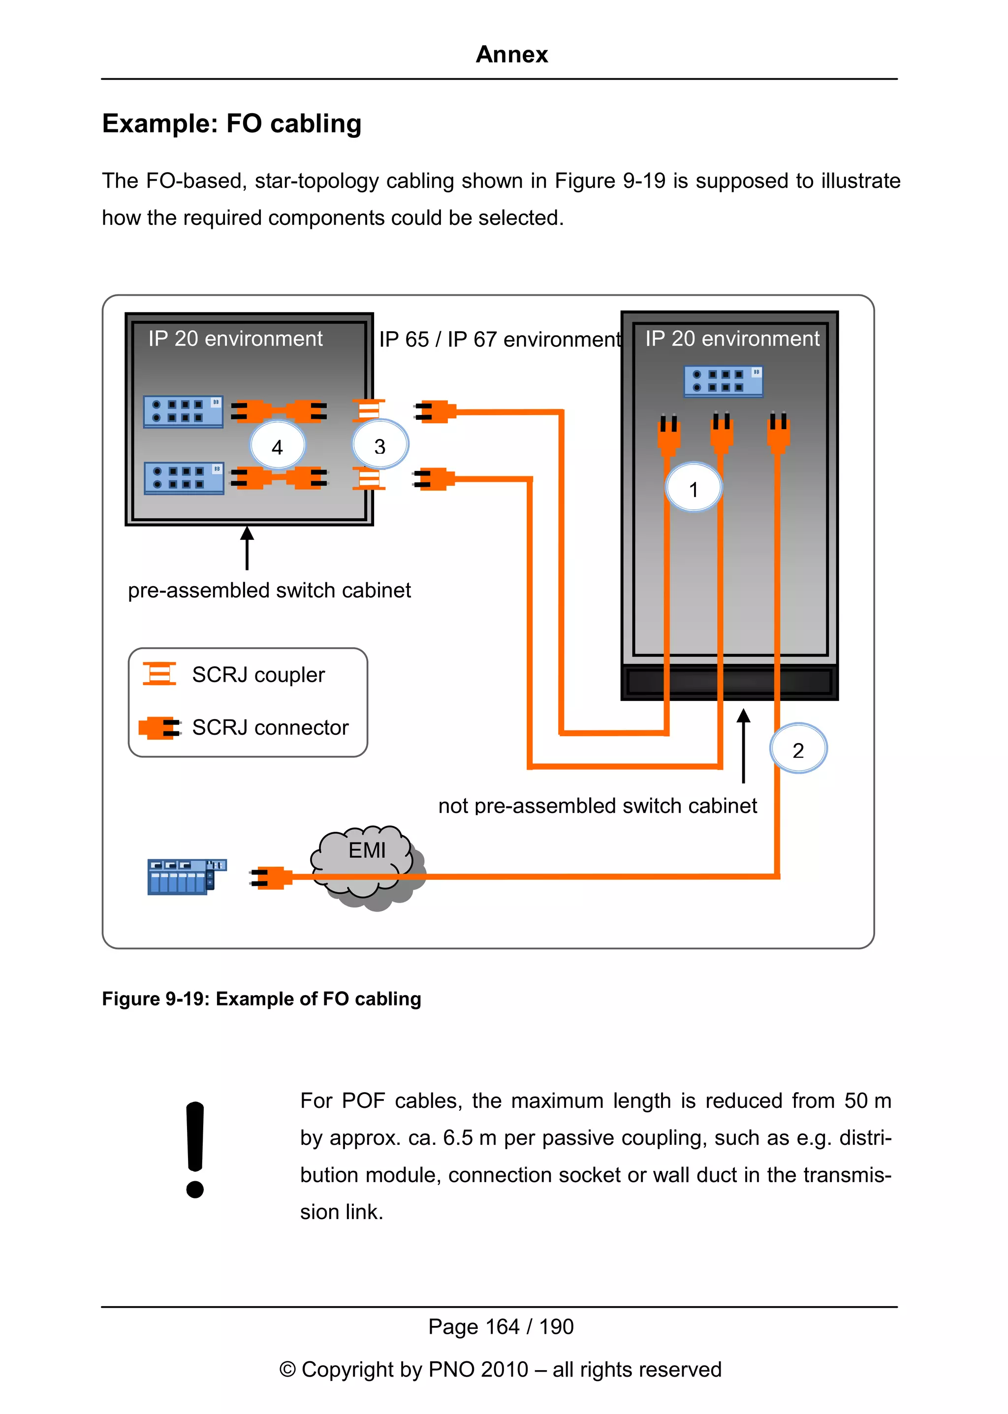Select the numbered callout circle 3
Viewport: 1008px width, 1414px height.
pos(380,444)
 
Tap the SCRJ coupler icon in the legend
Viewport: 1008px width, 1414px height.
pos(159,673)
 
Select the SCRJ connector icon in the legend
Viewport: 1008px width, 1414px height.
pos(159,727)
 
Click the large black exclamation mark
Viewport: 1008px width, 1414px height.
pos(195,1149)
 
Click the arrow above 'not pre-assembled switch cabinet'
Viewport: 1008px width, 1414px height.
pos(744,745)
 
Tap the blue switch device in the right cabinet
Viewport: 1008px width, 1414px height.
pos(723,380)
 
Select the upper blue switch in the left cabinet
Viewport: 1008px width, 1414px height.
pos(183,411)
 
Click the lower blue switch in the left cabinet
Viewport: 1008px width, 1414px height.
pos(184,477)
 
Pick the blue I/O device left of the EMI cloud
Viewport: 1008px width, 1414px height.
pos(186,876)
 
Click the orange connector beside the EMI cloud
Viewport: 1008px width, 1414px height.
pos(272,877)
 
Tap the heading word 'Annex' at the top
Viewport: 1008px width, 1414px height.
pos(511,55)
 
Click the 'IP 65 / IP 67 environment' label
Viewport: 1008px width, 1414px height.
pos(500,340)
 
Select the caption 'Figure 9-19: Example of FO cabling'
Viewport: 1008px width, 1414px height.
pos(261,999)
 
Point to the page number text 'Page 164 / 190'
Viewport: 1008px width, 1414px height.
pos(500,1326)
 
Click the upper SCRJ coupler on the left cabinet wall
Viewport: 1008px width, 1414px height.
pos(369,410)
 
